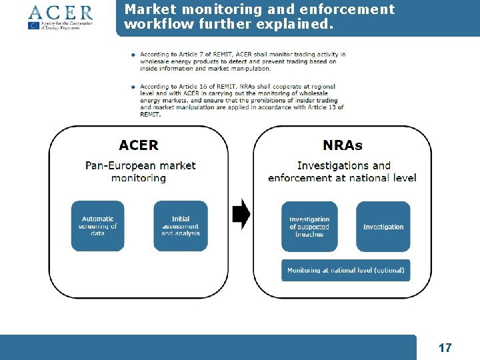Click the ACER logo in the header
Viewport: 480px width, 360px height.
[60, 12]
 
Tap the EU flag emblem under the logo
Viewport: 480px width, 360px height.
[34, 25]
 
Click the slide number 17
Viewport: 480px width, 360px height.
[445, 347]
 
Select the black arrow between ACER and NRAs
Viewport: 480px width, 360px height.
[241, 214]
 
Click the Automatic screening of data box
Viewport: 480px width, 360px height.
[98, 226]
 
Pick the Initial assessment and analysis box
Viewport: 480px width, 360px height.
[180, 226]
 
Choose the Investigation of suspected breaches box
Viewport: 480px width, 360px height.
[309, 227]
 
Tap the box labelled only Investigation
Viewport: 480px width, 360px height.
[383, 227]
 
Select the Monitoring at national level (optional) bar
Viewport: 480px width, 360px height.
[346, 271]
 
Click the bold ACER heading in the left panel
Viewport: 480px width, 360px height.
[139, 145]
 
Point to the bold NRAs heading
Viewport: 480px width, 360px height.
[343, 145]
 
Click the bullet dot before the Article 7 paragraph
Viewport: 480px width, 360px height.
[133, 55]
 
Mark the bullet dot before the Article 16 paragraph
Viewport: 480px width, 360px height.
[133, 87]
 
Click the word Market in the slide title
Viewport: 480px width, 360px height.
[147, 9]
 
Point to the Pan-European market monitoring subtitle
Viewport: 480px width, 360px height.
[140, 171]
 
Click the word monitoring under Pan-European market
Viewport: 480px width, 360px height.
[139, 178]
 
